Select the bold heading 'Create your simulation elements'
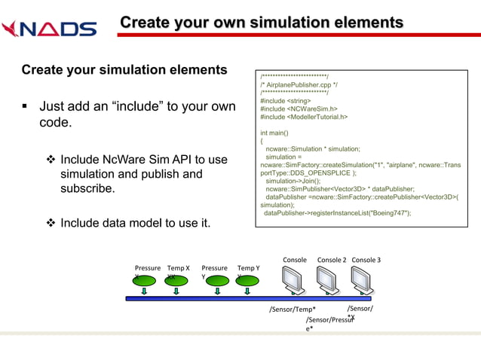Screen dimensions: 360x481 point(124,70)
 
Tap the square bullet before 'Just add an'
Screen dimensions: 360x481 point(26,107)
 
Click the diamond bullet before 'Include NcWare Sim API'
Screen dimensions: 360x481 point(51,160)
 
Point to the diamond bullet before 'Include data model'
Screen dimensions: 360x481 point(51,223)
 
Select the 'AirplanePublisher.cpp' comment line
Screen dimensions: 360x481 point(299,85)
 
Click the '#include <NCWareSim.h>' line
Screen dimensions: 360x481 point(299,108)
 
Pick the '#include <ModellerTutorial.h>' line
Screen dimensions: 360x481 point(304,117)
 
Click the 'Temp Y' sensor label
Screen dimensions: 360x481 point(249,267)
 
